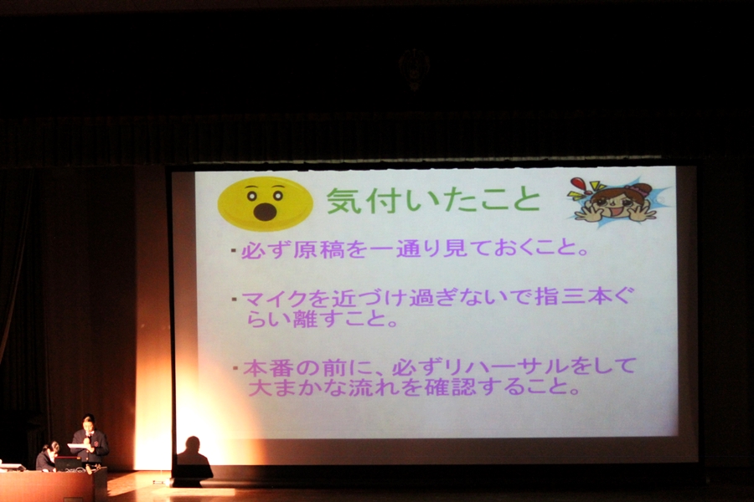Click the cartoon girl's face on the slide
pyautogui.click(x=613, y=202)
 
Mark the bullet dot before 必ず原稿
pyautogui.click(x=234, y=250)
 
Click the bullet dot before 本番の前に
pyautogui.click(x=235, y=368)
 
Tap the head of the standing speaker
pyautogui.click(x=87, y=423)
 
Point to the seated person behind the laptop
pyautogui.click(x=47, y=457)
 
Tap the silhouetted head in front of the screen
pyautogui.click(x=193, y=444)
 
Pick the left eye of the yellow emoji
pyautogui.click(x=252, y=196)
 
